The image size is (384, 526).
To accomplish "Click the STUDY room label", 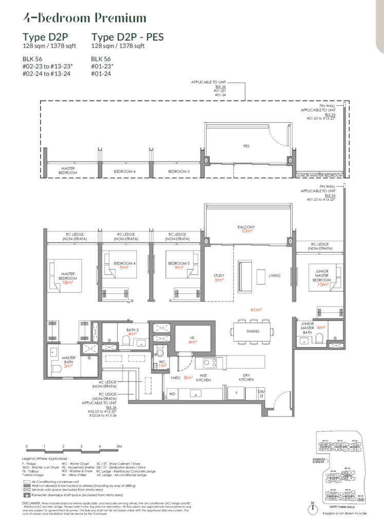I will (x=220, y=275).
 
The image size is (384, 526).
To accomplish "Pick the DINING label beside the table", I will (x=253, y=331).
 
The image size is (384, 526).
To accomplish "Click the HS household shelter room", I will (x=193, y=339).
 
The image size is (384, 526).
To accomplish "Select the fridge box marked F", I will (x=236, y=393).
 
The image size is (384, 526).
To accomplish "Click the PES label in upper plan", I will (x=246, y=146).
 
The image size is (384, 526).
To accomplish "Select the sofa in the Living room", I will (x=245, y=271).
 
